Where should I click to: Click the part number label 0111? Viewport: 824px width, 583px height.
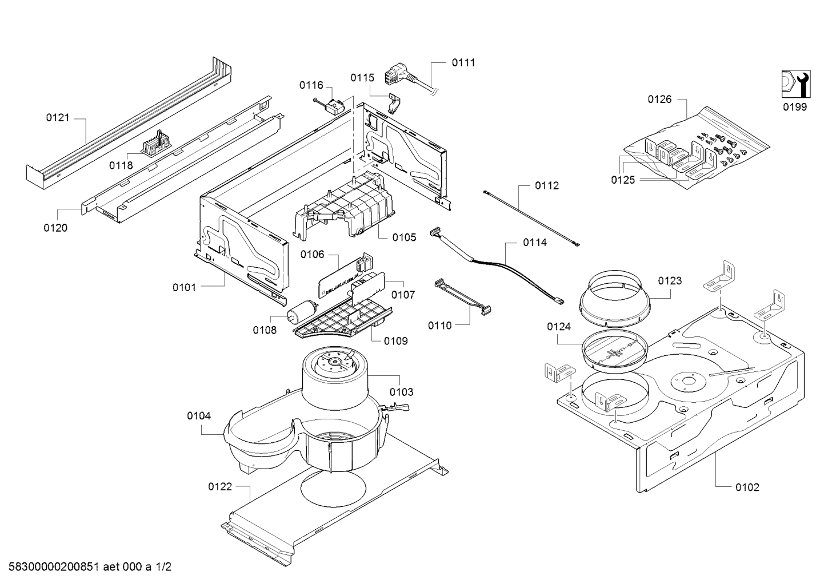(463, 63)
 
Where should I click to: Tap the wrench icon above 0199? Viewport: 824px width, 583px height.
(794, 84)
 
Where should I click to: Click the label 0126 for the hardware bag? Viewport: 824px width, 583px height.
(659, 100)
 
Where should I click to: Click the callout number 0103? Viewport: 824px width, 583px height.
(401, 392)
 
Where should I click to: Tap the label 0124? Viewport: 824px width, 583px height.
(558, 327)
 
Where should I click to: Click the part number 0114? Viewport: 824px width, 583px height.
(534, 243)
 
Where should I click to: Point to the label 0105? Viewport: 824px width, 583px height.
(404, 237)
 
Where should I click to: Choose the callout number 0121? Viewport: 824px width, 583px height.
(58, 118)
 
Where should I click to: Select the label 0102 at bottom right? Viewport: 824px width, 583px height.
(747, 487)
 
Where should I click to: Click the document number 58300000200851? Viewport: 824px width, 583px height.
(51, 568)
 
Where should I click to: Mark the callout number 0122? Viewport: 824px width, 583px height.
(220, 487)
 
